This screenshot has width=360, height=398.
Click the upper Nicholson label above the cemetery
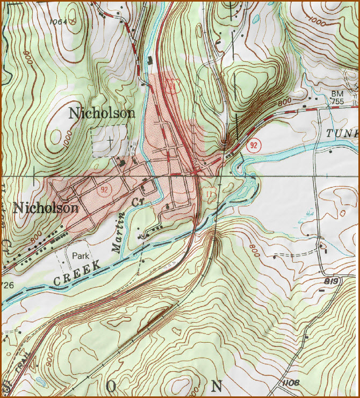[102, 113]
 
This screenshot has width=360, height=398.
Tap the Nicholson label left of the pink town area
[46, 207]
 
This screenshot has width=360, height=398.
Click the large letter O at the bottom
[112, 386]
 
